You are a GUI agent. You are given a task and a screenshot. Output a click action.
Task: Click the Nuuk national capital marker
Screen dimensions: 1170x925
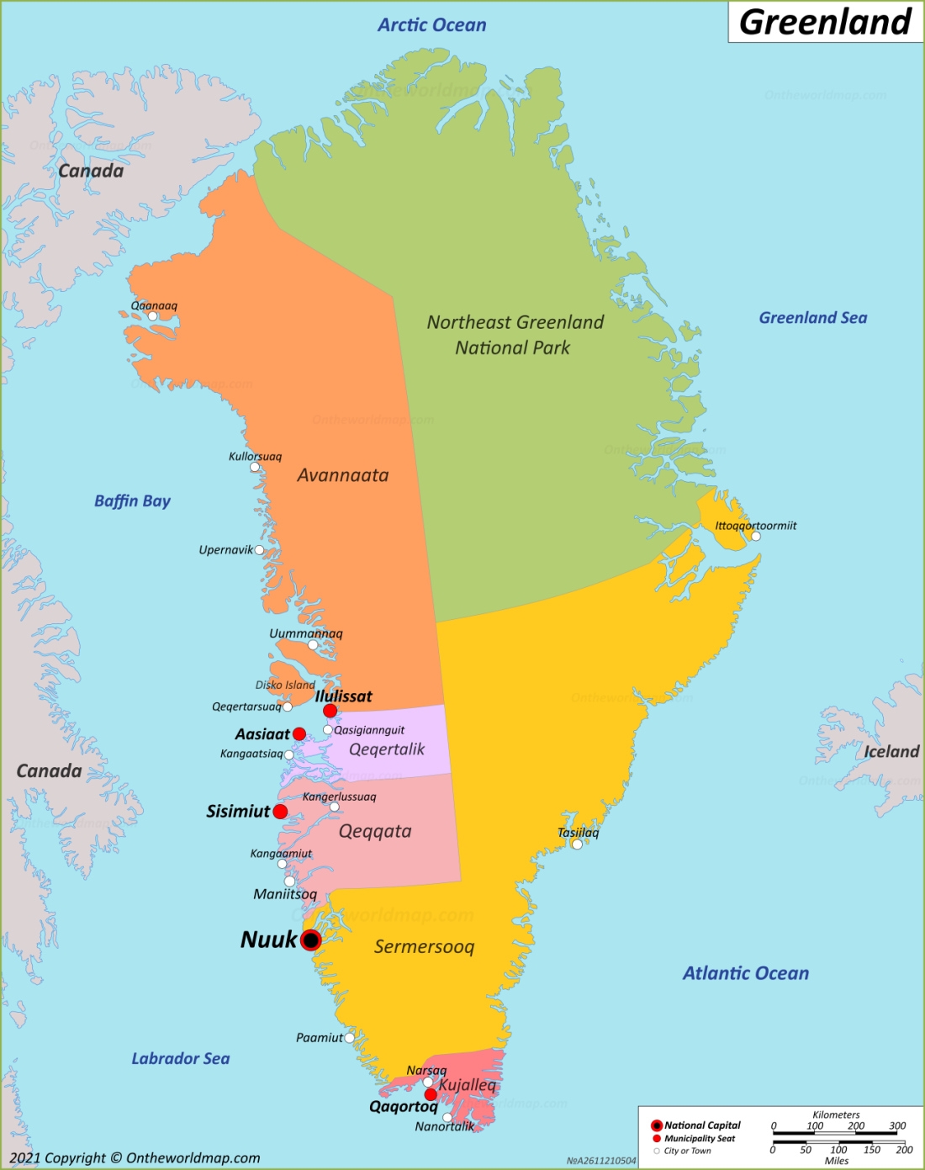(311, 940)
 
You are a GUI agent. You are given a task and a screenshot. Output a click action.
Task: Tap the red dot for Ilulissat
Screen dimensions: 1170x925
(330, 711)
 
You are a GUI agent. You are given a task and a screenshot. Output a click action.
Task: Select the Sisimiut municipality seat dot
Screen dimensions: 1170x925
(280, 812)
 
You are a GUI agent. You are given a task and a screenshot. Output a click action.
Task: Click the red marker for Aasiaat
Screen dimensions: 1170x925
(299, 734)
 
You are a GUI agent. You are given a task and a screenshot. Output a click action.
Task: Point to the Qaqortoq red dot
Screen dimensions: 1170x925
(431, 1094)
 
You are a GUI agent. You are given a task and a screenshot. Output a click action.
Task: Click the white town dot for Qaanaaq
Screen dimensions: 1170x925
(152, 316)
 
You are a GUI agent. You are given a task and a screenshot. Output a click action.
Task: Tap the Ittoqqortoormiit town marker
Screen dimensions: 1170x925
(755, 536)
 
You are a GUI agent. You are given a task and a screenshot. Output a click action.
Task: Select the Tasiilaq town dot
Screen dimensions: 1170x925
(577, 844)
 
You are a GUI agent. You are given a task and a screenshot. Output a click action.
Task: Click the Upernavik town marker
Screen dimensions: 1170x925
(259, 550)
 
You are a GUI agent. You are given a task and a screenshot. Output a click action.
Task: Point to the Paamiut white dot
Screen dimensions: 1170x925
(349, 1038)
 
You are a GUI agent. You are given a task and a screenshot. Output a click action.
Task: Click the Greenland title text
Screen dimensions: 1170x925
(825, 22)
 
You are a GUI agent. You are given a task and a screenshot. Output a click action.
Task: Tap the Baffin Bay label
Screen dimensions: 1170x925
(132, 501)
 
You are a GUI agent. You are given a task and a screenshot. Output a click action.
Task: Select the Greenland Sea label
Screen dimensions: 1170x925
(812, 318)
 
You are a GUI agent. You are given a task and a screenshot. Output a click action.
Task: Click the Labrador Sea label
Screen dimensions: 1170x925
(180, 1059)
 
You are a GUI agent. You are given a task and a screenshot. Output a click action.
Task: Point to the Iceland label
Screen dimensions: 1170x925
(891, 752)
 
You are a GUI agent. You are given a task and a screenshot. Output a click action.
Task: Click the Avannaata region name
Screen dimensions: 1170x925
(343, 475)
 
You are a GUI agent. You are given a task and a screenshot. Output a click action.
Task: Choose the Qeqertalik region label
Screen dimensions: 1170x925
(387, 749)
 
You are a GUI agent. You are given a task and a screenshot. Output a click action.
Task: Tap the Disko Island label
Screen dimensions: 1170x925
(285, 685)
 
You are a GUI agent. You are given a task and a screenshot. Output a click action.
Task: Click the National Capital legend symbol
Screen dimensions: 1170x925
(657, 1125)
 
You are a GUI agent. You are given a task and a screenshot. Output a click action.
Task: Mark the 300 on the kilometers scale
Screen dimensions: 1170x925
(897, 1125)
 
